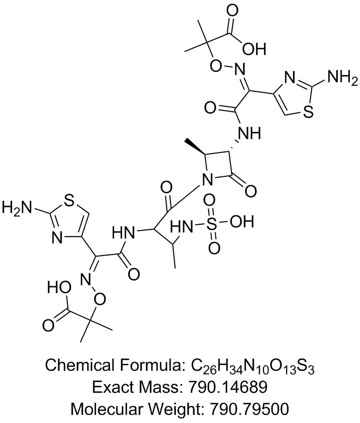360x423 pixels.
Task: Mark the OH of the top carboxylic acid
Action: click(x=253, y=49)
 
